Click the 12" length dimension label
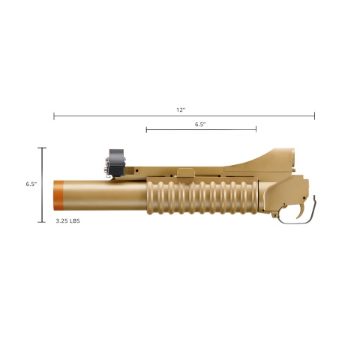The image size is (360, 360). tap(180, 109)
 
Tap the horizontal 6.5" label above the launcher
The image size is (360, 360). tap(200, 124)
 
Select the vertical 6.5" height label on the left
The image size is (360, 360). tap(31, 184)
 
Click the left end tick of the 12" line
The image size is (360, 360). tap(54, 116)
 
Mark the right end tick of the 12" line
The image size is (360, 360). tap(314, 116)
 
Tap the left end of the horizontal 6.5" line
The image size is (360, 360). tap(146, 130)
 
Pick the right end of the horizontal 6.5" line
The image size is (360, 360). tap(256, 130)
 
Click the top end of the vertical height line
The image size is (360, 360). tap(42, 148)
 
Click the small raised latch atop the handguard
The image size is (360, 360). tap(184, 173)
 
